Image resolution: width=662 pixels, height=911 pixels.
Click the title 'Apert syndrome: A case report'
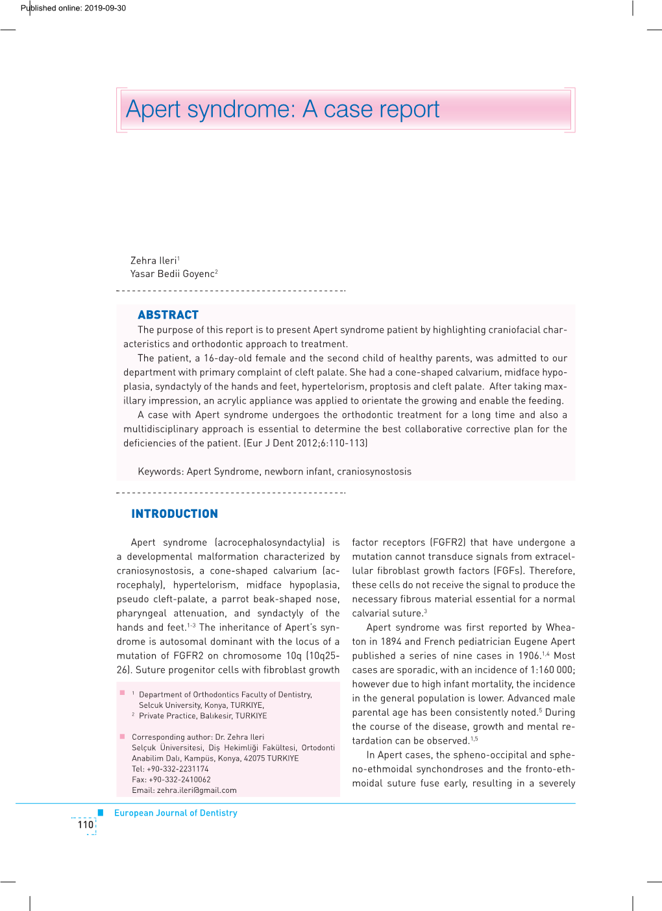282,110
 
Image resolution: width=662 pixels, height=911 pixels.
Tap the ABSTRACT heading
167,315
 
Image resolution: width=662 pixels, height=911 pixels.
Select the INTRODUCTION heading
174,514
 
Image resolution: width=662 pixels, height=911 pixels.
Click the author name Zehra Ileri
154,261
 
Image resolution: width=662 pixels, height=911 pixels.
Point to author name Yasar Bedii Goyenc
173,274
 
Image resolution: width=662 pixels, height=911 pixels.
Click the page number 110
85,825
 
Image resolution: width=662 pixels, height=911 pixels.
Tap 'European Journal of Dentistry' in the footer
175,813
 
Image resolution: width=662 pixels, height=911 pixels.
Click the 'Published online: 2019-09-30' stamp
73,8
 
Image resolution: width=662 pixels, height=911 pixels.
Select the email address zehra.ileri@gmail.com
197,790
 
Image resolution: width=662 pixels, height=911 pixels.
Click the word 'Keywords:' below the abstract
161,472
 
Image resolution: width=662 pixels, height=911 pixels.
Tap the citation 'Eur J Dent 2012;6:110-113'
305,443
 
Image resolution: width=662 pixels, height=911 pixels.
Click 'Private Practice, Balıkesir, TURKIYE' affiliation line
202,716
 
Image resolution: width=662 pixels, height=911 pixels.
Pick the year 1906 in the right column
529,656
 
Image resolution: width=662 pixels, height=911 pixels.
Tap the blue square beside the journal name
101,812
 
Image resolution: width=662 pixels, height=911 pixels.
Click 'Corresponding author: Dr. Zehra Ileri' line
198,737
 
